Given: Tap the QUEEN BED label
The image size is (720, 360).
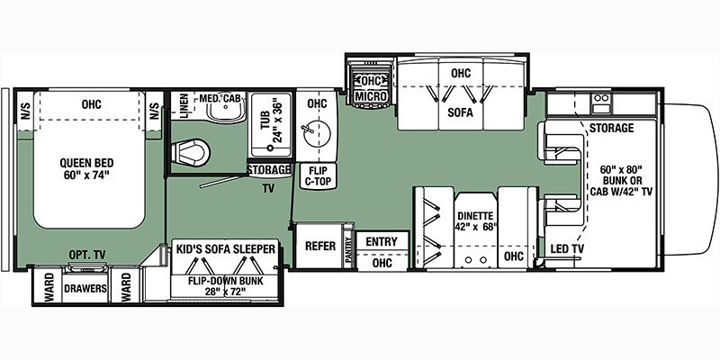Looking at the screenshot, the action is click(x=86, y=168).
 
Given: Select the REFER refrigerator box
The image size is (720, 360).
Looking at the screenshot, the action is click(x=320, y=246).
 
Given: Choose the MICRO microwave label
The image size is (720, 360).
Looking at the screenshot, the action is click(x=371, y=96).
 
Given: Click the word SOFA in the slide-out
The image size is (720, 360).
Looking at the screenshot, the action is click(x=461, y=112).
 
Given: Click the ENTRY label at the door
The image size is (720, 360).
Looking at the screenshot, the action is click(x=382, y=241).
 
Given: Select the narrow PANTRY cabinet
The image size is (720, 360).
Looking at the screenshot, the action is click(x=349, y=250).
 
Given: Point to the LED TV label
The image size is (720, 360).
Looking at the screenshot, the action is click(x=566, y=249).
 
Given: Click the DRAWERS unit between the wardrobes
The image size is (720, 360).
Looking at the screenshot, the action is click(x=85, y=288).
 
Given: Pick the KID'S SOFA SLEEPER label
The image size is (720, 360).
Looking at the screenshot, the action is click(x=226, y=249).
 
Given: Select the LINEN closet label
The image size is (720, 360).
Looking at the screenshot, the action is click(x=184, y=106).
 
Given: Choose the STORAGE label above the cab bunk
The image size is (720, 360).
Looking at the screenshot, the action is click(x=611, y=128).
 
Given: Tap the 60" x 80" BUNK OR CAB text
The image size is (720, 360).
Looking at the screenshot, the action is click(x=621, y=180).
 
